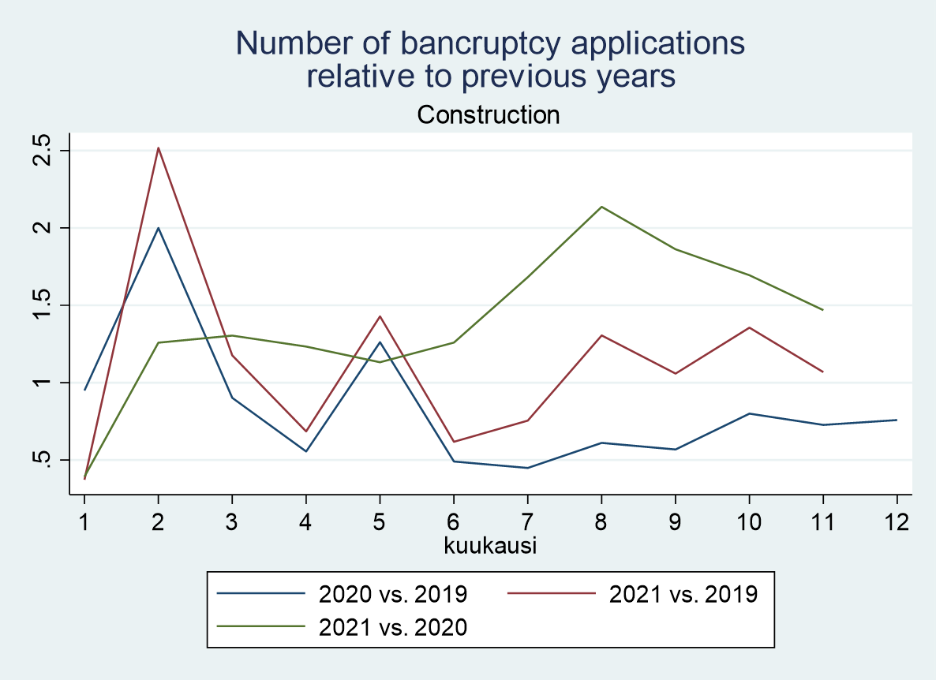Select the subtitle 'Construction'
pos(489,115)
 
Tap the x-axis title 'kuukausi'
pos(490,545)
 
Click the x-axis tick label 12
pos(897,521)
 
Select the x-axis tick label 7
pos(527,521)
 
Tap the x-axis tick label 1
pos(84,521)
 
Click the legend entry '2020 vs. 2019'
pos(393,593)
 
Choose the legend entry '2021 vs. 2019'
pos(683,593)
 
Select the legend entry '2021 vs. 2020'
pos(393,627)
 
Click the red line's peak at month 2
pos(158,148)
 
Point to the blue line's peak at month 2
pos(158,228)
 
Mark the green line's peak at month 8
pos(602,207)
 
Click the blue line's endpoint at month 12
pos(897,420)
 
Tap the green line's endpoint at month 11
pos(823,310)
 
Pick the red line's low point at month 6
pos(454,442)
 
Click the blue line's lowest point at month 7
pos(527,468)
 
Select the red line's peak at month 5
pos(380,316)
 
